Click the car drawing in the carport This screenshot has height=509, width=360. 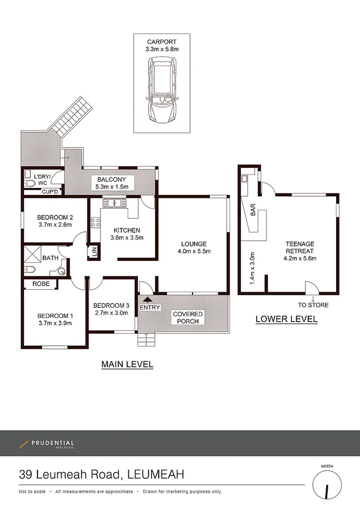point(162,91)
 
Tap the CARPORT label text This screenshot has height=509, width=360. point(162,42)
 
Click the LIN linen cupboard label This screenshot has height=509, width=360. point(93,253)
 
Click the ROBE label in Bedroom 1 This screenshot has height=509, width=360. point(41,284)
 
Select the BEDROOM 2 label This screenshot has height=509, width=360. point(55,217)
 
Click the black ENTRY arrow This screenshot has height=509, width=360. point(146,300)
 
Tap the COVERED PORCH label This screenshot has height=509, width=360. point(188,318)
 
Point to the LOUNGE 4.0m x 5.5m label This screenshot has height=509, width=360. point(193,248)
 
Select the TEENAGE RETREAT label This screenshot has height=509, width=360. point(299,248)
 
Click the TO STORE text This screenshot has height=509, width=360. point(313,305)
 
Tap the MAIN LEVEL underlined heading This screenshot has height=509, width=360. point(127,364)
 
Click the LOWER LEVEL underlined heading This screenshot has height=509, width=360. point(286,319)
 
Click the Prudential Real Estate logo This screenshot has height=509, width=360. point(47,444)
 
